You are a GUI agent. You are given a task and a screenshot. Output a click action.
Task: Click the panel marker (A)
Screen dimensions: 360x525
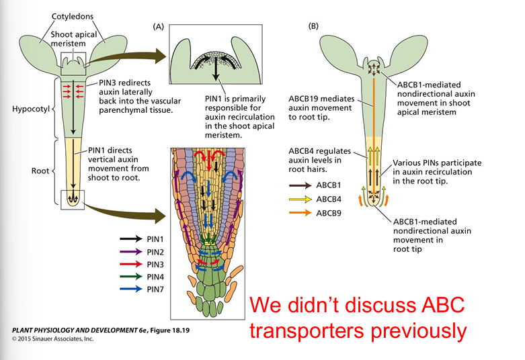[159, 26]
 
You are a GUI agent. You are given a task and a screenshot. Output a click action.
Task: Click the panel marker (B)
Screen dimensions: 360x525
[313, 26]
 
